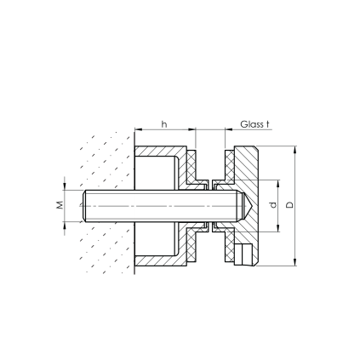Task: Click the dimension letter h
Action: click(164, 124)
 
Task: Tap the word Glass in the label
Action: click(252, 124)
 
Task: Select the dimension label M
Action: click(60, 205)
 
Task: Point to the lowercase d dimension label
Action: click(273, 205)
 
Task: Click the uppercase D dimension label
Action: click(289, 205)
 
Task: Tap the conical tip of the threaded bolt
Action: click(246, 206)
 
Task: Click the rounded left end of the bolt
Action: click(84, 206)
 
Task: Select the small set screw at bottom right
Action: click(243, 254)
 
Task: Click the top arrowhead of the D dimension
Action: click(295, 150)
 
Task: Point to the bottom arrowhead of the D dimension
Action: click(295, 262)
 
